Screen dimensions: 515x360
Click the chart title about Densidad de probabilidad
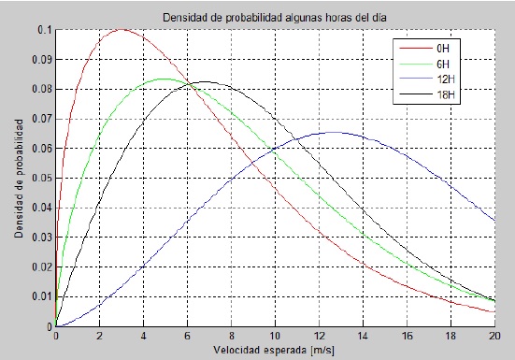tap(275, 18)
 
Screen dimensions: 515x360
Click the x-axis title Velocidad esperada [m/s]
tap(274, 350)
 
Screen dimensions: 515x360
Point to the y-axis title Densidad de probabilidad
tap(19, 179)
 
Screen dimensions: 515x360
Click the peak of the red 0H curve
tap(122, 30)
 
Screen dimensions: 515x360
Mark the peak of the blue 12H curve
tap(335, 133)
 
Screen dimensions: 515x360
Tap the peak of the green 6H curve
tap(165, 79)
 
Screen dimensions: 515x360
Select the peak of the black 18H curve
tap(205, 81)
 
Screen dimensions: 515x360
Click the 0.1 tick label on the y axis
tap(45, 30)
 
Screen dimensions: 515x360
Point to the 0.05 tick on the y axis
tap(42, 178)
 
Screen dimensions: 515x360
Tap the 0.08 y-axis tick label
tap(42, 89)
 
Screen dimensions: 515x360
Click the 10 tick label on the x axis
tap(275, 336)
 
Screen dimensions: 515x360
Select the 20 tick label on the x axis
tap(494, 336)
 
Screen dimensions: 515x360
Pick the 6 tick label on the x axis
tap(187, 336)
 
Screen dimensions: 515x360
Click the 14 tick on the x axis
tap(363, 336)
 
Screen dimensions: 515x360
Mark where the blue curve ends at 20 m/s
tap(494, 221)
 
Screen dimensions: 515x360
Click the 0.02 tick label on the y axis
tap(42, 266)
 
